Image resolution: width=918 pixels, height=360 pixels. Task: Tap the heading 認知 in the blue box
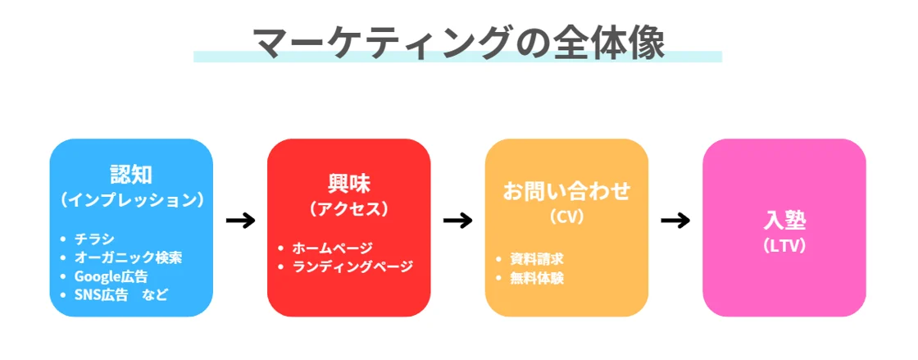[x=131, y=174]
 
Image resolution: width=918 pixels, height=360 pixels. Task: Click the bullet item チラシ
[x=90, y=239]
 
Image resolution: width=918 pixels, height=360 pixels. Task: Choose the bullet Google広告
[x=111, y=276]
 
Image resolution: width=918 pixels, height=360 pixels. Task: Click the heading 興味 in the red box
[x=349, y=183]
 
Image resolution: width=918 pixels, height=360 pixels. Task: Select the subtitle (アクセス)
[x=349, y=208]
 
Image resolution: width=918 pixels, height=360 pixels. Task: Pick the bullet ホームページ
[x=332, y=248]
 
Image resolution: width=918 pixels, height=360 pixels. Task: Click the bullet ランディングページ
[x=353, y=267]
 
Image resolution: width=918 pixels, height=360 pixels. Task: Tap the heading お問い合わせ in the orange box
[x=566, y=191]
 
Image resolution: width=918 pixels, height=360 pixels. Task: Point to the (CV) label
[x=566, y=217]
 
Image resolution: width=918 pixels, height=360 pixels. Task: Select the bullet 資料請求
[x=536, y=259]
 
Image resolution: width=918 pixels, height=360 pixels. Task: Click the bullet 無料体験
[x=536, y=278]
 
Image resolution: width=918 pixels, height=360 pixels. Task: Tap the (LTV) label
[x=784, y=244]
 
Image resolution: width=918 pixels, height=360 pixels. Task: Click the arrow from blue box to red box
[x=240, y=221]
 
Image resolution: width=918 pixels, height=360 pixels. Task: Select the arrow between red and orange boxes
[x=457, y=221]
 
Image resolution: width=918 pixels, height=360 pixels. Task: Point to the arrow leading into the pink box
[x=675, y=221]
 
